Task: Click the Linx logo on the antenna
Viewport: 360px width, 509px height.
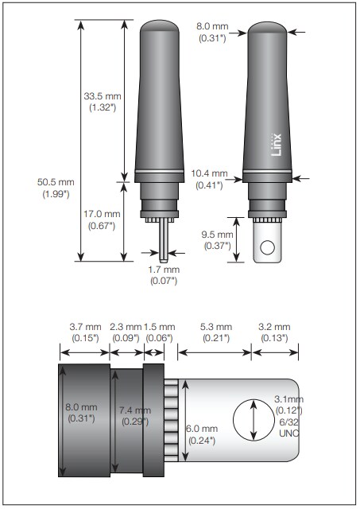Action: click(x=277, y=148)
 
